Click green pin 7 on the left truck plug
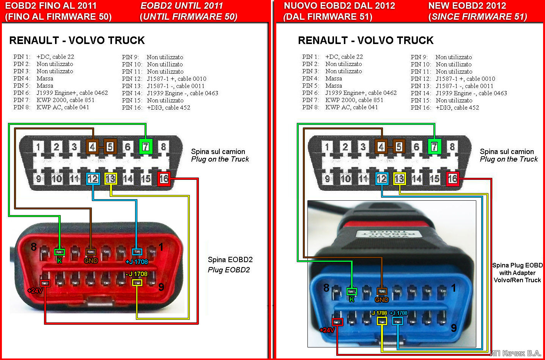(146, 147)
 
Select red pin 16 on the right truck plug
(452, 179)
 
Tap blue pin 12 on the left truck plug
(93, 179)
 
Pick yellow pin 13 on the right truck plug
(399, 179)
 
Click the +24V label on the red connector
(35, 291)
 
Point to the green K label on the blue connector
(351, 300)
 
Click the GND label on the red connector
(91, 261)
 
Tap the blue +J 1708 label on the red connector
(137, 261)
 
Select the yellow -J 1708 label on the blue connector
(379, 313)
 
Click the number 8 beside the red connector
(33, 247)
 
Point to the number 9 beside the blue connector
(454, 328)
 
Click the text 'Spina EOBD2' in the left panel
(230, 259)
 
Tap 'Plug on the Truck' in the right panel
(509, 159)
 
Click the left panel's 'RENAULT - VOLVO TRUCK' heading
(77, 40)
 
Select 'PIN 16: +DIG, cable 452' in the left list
(156, 107)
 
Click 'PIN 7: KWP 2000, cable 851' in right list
(342, 100)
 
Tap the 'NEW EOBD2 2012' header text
(467, 6)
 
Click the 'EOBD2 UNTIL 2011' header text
(181, 6)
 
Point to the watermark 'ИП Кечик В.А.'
(515, 353)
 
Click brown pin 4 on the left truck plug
(92, 147)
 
